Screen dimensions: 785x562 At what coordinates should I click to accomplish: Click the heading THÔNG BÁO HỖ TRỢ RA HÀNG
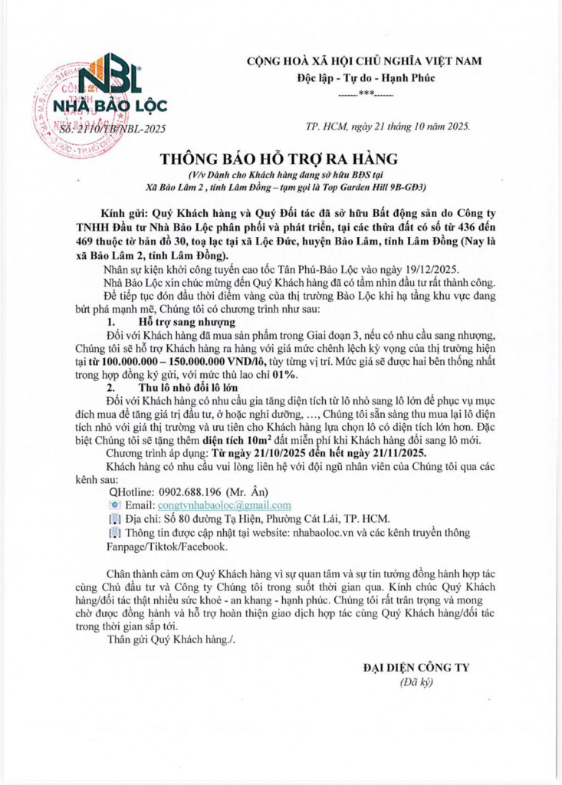(279, 159)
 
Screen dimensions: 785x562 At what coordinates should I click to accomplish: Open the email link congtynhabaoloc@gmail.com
(224, 505)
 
